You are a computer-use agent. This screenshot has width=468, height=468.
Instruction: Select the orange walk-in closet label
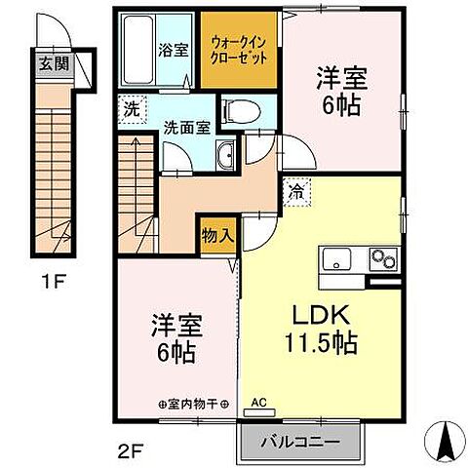pos(241,50)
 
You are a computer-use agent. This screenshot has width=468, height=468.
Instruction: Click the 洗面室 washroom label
pos(183,127)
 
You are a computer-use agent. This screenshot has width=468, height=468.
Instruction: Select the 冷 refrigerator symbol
pos(293,191)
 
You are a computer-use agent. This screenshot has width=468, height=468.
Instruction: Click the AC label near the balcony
pos(259,401)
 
